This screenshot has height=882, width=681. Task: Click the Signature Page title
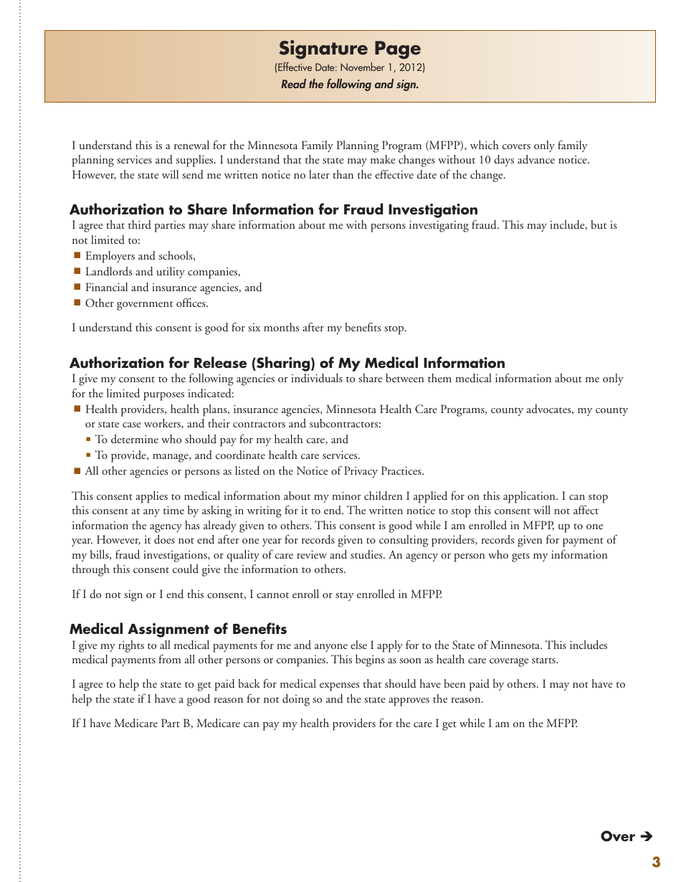[350, 49]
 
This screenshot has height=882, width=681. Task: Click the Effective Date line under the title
[350, 68]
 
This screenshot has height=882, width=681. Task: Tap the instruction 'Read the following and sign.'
[350, 85]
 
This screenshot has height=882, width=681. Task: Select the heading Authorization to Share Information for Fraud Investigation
[273, 209]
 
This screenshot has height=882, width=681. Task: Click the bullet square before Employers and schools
[77, 255]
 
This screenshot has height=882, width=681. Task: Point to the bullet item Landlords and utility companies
[163, 272]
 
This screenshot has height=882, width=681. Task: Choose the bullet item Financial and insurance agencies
[173, 288]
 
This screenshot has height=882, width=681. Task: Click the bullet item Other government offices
[147, 303]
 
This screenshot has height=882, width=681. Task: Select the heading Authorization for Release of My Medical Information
[287, 363]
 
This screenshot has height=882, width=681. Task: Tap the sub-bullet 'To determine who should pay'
[222, 440]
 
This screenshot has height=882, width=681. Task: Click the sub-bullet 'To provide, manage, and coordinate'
[227, 455]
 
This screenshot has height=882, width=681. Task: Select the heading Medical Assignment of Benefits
[178, 629]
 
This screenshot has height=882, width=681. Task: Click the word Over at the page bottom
[618, 836]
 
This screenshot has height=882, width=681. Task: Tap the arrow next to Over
[646, 836]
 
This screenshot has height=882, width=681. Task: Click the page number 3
[656, 863]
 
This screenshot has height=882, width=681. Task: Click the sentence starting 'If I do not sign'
[257, 594]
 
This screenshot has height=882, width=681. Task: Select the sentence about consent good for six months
[239, 328]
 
